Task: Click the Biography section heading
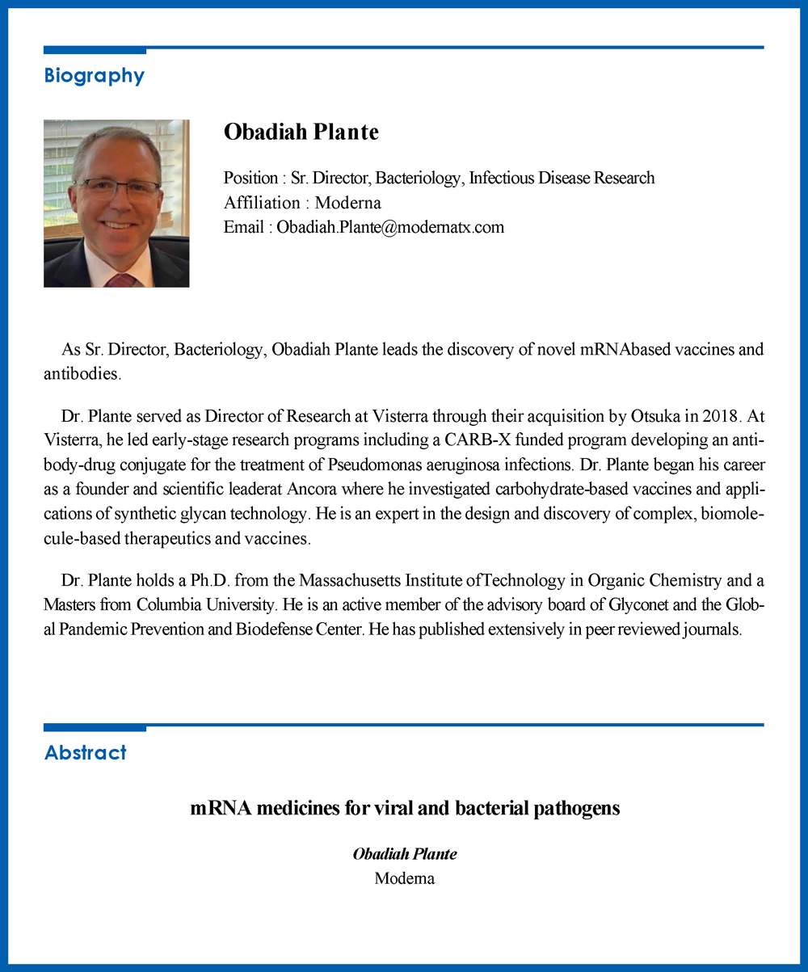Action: [94, 76]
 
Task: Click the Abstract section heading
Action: [85, 753]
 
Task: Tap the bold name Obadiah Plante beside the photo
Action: [301, 132]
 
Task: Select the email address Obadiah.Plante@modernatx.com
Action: [390, 227]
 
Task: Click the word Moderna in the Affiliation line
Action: [347, 203]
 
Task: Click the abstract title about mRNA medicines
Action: [405, 808]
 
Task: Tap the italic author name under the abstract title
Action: [405, 854]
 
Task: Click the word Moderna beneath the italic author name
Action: [404, 878]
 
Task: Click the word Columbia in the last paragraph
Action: [165, 604]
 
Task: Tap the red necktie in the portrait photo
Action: [120, 280]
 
